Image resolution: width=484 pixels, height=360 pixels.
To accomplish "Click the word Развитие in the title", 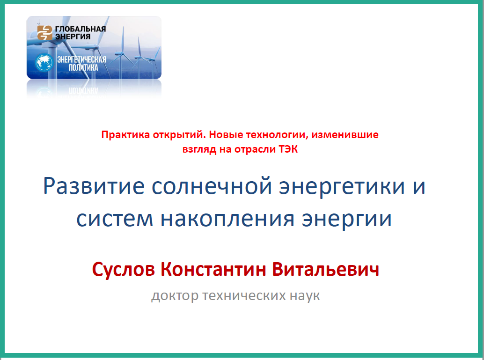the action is pos(94,186).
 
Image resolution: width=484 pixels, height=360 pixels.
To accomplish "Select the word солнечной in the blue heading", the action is pos(212,186).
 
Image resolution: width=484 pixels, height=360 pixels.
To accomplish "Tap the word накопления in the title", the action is pos(227,219).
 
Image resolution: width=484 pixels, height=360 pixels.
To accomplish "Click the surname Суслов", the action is pos(124,269).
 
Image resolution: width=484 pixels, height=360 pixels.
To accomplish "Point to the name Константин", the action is pos(213,269).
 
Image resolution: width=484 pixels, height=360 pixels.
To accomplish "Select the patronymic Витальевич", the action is pos(325,269).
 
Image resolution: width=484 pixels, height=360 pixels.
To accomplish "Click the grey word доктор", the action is pos(175,296).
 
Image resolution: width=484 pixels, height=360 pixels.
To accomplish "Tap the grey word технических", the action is pos(244,296).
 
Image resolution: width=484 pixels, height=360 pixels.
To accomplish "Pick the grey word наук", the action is pos(305,296).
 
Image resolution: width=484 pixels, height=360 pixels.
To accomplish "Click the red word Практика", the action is pos(125,135).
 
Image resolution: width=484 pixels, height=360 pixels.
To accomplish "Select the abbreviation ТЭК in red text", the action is pos(288,149).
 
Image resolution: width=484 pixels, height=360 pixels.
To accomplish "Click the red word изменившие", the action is pos(345,135).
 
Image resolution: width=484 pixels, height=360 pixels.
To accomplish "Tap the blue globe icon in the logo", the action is pos(44,62).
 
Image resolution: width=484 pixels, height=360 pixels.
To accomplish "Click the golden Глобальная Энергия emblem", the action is pos(45,33).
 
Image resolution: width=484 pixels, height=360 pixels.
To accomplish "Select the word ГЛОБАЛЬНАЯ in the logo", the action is pos(81,29).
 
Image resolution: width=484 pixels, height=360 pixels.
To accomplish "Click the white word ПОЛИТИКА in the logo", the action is pos(83,67).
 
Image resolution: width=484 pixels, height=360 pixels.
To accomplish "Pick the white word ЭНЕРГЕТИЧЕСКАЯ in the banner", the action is pos(82,59).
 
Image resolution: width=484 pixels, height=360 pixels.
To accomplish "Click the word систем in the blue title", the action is pos(115,219).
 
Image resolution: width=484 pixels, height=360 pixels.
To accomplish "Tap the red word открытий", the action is pos(179,135).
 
